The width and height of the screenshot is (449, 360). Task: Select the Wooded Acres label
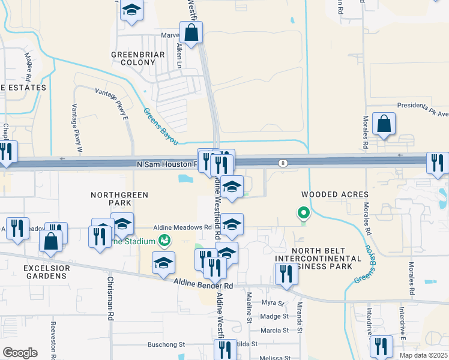[330, 194]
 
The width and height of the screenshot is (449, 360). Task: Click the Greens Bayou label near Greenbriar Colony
[160, 125]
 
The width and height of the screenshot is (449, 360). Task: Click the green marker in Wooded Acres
[304, 212]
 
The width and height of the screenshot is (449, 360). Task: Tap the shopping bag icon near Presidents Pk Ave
[384, 124]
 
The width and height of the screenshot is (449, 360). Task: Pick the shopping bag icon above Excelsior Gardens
[51, 241]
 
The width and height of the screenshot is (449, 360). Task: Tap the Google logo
[20, 353]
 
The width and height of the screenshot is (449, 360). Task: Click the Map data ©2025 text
[424, 355]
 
